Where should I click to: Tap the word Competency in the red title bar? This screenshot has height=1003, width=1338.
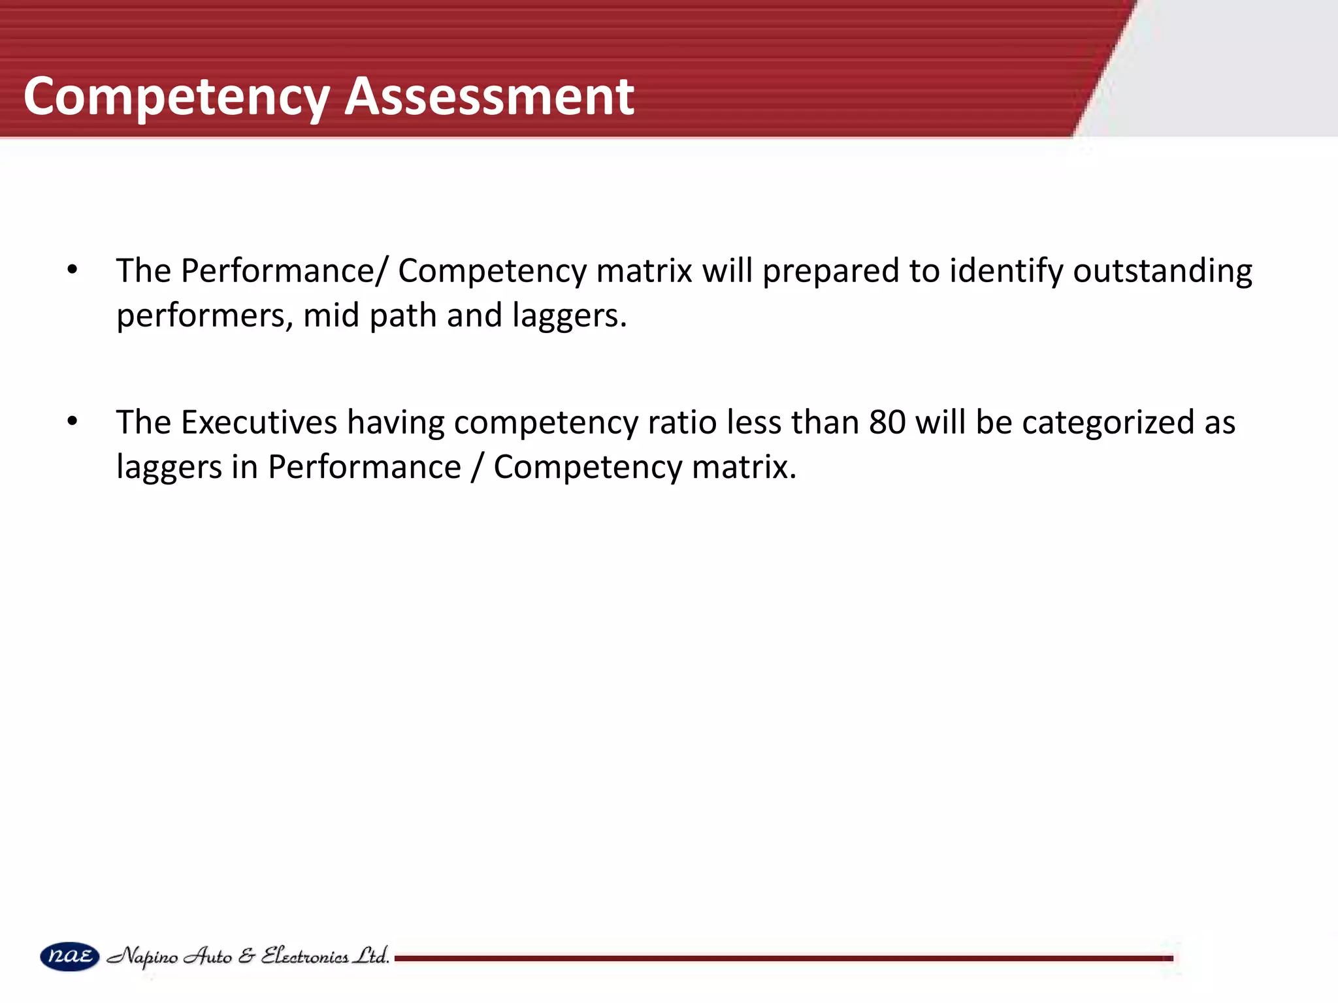coord(176,97)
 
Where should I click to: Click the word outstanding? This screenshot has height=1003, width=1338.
coord(1162,271)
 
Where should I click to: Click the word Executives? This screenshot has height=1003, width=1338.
coord(259,422)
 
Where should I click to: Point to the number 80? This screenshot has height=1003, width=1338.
coord(887,422)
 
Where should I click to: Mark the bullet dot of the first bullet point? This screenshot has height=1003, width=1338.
coord(73,270)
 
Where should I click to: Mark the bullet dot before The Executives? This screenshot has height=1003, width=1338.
coord(73,422)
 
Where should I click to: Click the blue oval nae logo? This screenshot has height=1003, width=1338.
coord(69,957)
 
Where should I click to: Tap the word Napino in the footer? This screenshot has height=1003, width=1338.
coord(142,957)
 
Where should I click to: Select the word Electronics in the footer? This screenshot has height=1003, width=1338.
coord(304,957)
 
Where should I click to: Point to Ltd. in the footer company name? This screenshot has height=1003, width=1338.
coord(370,956)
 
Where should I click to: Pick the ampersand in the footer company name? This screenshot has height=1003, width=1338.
coord(246,957)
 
